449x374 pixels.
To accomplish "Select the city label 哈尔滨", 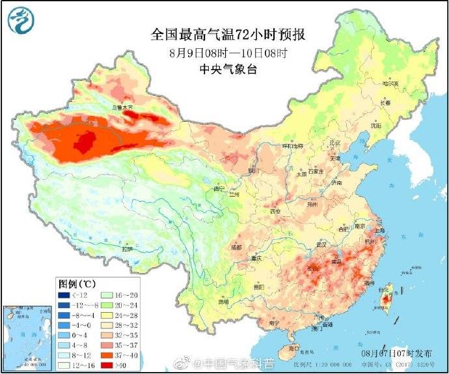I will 390,83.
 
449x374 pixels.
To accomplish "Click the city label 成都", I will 235,248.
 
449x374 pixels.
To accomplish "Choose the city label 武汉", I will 320,244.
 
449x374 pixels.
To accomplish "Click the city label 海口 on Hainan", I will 293,349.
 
